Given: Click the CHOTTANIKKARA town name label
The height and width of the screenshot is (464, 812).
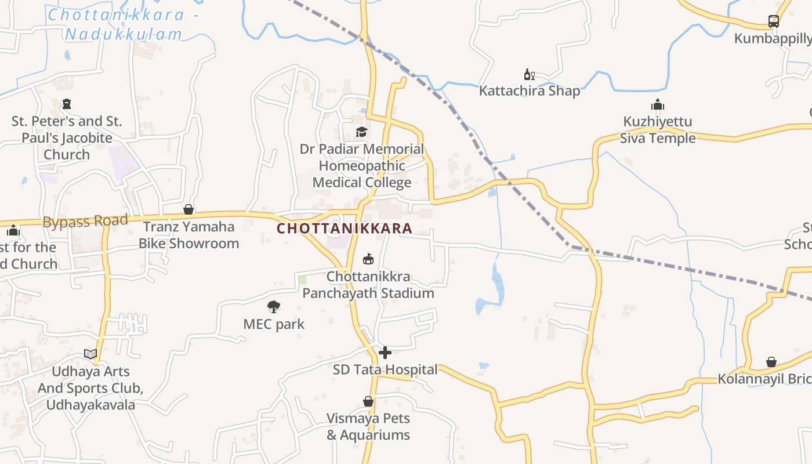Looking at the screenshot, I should tap(344, 229).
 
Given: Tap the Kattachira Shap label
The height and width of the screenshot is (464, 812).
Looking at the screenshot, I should tap(529, 91).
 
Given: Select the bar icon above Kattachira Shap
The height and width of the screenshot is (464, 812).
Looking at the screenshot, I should tap(529, 74).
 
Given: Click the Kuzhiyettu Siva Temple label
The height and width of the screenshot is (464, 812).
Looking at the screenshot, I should tap(658, 130).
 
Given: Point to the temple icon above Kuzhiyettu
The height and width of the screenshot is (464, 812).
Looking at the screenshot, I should tap(658, 105).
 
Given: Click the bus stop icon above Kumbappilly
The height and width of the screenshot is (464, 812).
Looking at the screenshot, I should tap(774, 21).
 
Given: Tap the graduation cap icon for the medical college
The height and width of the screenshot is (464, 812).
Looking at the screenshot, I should tap(362, 132).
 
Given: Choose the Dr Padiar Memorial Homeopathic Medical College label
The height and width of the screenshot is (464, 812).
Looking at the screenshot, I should tap(362, 166).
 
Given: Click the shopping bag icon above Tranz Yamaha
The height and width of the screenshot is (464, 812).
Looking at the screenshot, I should tap(188, 209).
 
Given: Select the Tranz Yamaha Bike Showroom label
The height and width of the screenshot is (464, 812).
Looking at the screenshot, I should tap(188, 235).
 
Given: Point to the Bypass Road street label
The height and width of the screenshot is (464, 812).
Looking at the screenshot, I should tap(85, 221).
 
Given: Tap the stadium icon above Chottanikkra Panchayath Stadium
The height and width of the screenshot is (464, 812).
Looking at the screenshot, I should tap(368, 259).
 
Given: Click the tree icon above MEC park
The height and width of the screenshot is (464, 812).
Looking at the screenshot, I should tap(274, 306).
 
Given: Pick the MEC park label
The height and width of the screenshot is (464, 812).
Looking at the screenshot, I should tap(274, 324).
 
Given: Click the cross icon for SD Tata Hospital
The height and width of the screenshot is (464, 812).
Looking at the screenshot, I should tap(385, 353).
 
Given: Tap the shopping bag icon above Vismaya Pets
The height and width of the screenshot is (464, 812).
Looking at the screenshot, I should tap(368, 401).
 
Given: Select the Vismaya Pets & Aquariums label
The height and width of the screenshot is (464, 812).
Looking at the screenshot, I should tap(368, 426).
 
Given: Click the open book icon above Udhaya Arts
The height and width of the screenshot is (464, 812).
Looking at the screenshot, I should tap(90, 354).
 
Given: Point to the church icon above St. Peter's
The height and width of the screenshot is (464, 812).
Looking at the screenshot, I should tap(67, 104).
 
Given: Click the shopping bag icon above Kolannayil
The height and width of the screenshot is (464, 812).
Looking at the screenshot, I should tap(771, 362).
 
